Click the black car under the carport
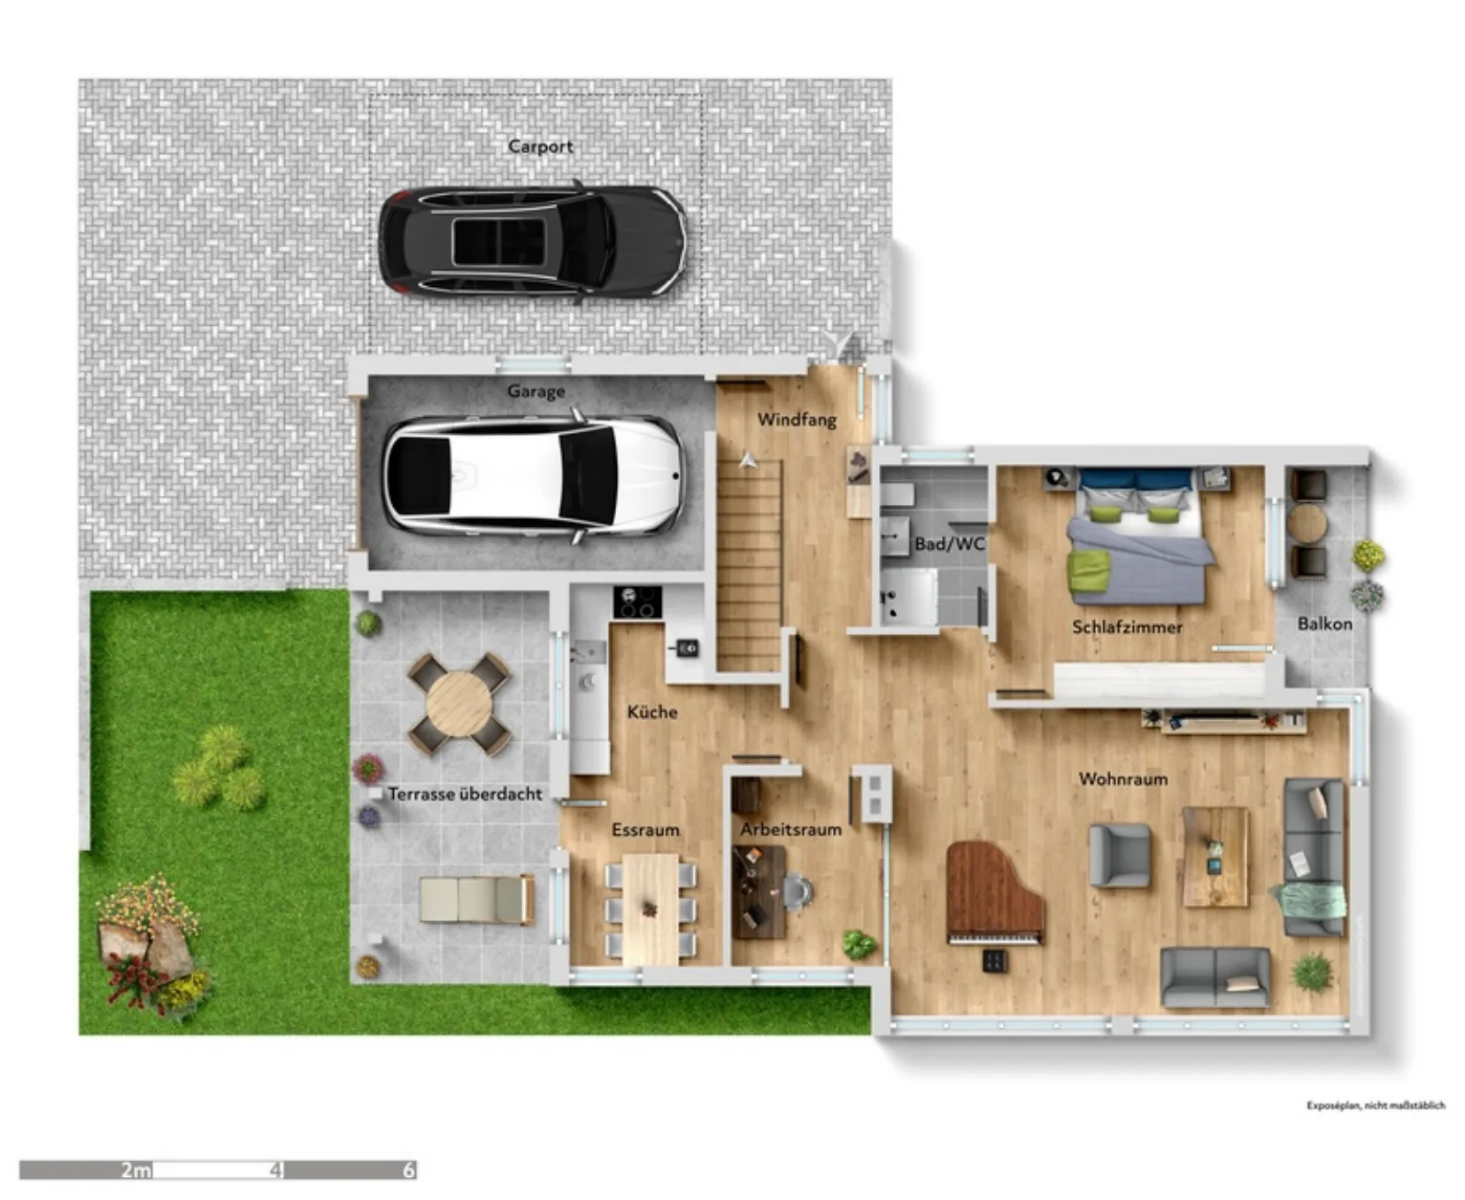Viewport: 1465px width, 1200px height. click(x=532, y=241)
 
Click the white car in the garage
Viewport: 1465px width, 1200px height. click(x=532, y=476)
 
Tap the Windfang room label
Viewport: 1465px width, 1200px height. click(x=797, y=419)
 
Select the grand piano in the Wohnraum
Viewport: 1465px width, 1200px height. click(x=994, y=893)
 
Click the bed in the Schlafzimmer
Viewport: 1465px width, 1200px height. click(x=1138, y=537)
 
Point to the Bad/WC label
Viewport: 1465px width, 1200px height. click(x=949, y=544)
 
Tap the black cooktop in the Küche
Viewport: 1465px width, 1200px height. click(x=637, y=602)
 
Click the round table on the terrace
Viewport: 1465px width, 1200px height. click(x=459, y=704)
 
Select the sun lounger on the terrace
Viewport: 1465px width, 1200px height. click(x=476, y=899)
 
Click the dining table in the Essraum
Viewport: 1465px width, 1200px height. click(x=651, y=910)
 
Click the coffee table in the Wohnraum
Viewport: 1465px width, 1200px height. click(x=1215, y=856)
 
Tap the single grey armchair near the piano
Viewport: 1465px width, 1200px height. click(x=1120, y=855)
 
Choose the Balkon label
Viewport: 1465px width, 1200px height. click(x=1324, y=623)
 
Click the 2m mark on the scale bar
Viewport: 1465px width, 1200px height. click(x=136, y=1170)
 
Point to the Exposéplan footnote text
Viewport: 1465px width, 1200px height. click(x=1376, y=1105)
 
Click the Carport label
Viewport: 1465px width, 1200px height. click(x=540, y=146)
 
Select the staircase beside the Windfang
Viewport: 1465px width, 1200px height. click(x=749, y=565)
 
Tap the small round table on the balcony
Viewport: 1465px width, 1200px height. click(x=1307, y=524)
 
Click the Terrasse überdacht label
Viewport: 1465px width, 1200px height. click(x=465, y=794)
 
